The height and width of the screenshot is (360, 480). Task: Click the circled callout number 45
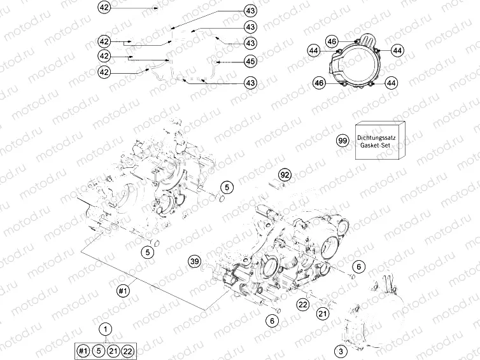(x=250, y=62)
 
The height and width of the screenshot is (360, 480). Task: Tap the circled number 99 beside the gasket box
(x=343, y=141)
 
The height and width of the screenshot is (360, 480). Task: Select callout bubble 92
(x=285, y=174)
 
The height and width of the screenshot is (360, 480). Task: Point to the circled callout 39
(x=195, y=261)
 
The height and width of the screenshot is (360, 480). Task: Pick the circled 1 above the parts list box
(x=106, y=329)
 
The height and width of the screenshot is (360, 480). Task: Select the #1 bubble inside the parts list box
(x=83, y=350)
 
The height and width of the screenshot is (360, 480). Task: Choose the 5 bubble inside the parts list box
(x=99, y=350)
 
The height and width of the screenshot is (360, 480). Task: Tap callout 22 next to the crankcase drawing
(x=303, y=305)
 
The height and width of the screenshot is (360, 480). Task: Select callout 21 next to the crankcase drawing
(x=323, y=313)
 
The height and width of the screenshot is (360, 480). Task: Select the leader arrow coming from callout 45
(x=227, y=62)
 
